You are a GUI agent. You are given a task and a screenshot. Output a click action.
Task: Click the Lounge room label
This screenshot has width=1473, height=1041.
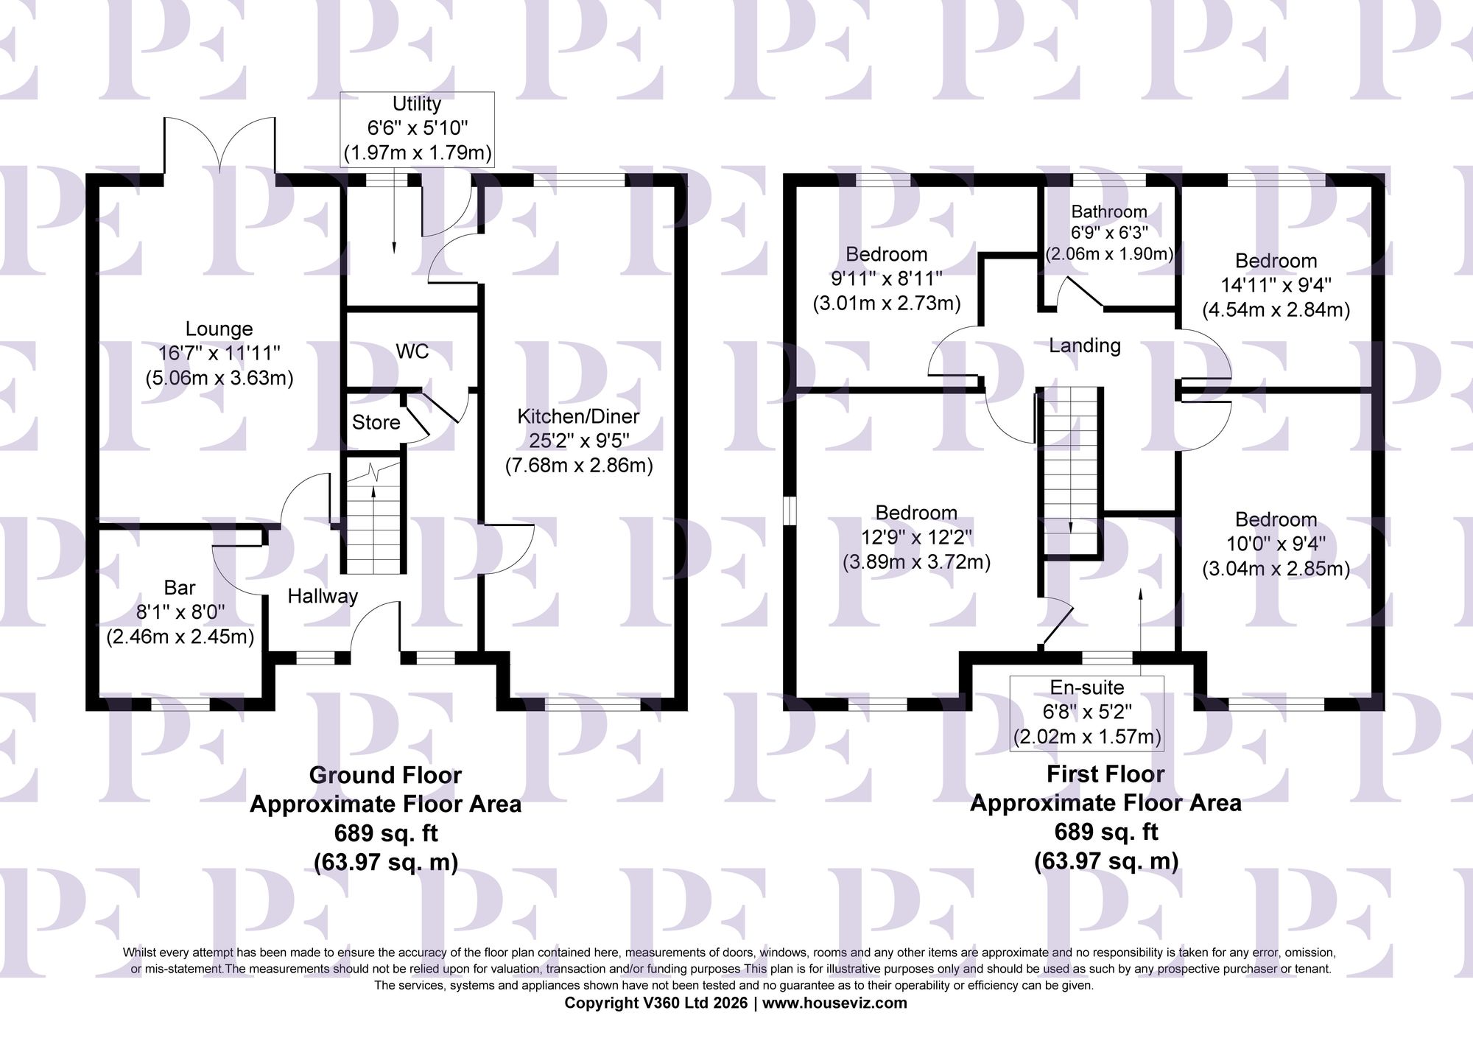[219, 329]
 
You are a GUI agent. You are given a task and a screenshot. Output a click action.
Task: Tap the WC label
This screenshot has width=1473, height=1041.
[412, 351]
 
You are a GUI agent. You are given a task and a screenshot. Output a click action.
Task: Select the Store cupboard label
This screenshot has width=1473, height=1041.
[376, 422]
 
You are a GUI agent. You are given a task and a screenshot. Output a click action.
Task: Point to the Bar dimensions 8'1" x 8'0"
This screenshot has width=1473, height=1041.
[180, 612]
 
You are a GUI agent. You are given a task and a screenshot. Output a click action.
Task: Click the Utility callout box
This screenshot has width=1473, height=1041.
[417, 129]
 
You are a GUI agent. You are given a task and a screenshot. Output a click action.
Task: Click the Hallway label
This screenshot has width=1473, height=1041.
[323, 596]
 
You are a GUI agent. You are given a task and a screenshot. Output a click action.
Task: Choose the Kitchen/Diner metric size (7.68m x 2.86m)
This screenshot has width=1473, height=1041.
[579, 466]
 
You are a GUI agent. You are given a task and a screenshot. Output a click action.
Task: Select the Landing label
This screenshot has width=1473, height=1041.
[1085, 345]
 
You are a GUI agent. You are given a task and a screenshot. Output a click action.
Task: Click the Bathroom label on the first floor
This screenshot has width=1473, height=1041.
[1109, 212]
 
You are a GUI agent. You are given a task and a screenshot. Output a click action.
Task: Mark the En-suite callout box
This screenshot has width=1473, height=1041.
[1087, 712]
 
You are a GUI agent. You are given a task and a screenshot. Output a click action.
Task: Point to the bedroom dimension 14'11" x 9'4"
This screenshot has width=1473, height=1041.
[1276, 285]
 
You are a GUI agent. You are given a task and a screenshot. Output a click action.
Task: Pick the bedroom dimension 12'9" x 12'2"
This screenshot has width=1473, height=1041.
[916, 537]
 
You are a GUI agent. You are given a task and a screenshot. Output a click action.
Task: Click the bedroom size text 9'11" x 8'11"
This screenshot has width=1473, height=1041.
[886, 278]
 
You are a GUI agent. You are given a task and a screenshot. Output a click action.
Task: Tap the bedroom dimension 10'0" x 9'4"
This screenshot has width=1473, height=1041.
[1276, 544]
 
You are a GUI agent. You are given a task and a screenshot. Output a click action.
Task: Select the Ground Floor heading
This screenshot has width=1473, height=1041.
[385, 775]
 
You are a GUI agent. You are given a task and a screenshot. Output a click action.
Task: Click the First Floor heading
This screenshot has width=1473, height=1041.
[1105, 774]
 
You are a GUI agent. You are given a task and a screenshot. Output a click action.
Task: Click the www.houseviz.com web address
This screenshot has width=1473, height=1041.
[834, 1003]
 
